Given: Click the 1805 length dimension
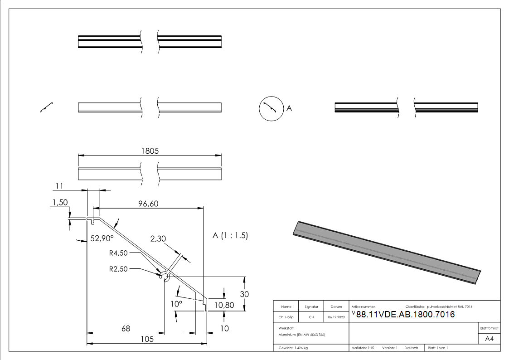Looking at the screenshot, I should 150,151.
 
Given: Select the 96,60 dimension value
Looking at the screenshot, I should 148,204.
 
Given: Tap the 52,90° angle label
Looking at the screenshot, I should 102,238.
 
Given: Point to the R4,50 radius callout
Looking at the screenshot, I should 119,253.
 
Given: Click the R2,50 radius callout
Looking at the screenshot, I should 119,268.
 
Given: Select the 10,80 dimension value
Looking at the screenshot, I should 223,305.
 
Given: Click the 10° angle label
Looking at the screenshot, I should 176,303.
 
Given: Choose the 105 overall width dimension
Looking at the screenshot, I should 146,339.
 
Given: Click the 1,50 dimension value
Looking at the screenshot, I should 60,203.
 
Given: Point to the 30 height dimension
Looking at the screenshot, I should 244,294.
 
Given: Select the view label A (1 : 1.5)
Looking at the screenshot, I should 230,236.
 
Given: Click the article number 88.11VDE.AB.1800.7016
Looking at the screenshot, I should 405,315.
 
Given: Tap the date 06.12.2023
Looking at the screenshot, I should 336,317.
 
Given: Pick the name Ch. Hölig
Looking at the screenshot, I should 286,317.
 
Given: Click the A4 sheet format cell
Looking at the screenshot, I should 489,339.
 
